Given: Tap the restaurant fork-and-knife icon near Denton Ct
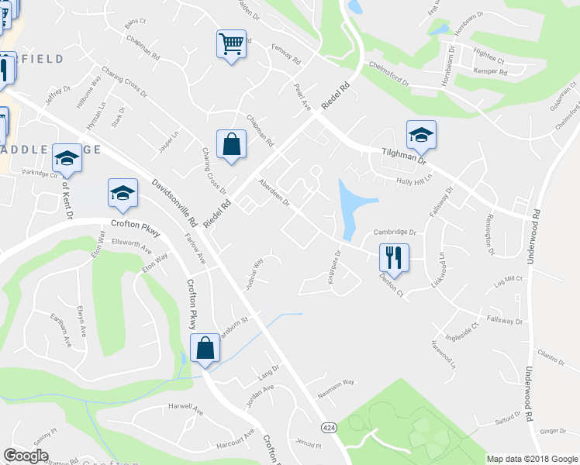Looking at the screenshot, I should click(x=393, y=257).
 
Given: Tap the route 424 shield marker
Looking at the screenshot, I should click(x=329, y=426).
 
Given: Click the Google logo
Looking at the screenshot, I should click(x=26, y=456).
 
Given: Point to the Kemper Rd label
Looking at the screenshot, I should click(x=492, y=72).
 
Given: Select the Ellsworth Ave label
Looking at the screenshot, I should click(x=131, y=249).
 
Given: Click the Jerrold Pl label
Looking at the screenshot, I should click(x=308, y=445).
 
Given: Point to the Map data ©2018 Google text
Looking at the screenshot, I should click(x=532, y=459).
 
